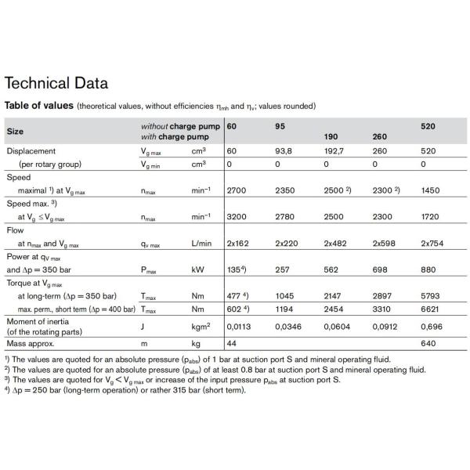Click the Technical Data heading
point(56,83)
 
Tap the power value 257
point(281,268)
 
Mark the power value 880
point(430,268)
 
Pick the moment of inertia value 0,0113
point(239,327)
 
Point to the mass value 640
point(430,344)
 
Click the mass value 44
point(232,344)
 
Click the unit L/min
point(201,243)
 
